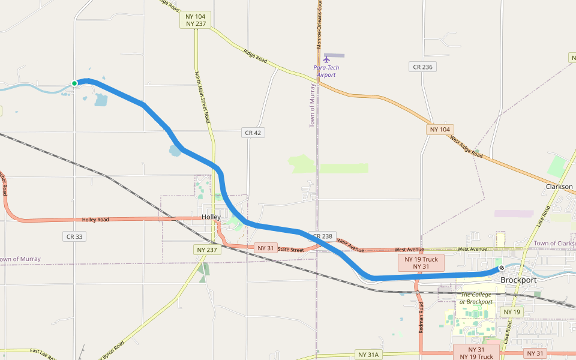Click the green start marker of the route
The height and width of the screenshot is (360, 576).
pyautogui.click(x=74, y=83)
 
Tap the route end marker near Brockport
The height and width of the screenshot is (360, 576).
pyautogui.click(x=501, y=268)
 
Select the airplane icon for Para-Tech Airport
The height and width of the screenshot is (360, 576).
pyautogui.click(x=326, y=59)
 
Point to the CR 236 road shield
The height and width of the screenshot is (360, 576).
pyautogui.click(x=423, y=67)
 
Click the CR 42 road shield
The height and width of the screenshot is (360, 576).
pyautogui.click(x=253, y=132)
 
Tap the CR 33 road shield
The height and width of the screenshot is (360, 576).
pyautogui.click(x=74, y=236)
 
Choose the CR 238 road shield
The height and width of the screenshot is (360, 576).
pyautogui.click(x=322, y=236)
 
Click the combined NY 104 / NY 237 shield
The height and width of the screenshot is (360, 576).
pyautogui.click(x=196, y=20)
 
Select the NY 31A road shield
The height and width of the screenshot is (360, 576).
pyautogui.click(x=368, y=355)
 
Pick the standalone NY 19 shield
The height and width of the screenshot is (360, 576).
pyautogui.click(x=512, y=312)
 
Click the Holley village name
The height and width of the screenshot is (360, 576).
pyautogui.click(x=211, y=217)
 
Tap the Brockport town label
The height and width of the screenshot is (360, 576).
pyautogui.click(x=518, y=280)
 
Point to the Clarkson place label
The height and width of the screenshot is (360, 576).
pyautogui.click(x=559, y=187)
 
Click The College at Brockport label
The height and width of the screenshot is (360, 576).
pyautogui.click(x=476, y=298)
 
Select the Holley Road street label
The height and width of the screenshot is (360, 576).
pyautogui.click(x=96, y=220)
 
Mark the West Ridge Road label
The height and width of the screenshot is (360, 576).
pyautogui.click(x=466, y=146)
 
